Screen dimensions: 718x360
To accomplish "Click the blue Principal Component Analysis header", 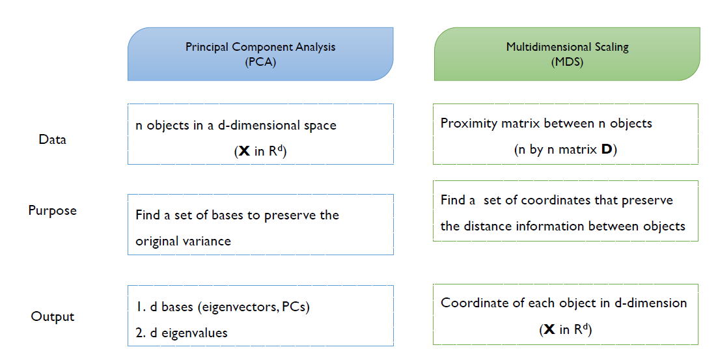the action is (x=260, y=54).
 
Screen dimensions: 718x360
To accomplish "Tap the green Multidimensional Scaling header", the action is (x=566, y=54).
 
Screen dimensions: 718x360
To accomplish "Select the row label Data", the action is (x=52, y=139).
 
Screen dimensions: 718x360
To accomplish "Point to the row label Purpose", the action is (x=52, y=211).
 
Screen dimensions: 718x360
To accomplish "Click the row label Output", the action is (x=53, y=317).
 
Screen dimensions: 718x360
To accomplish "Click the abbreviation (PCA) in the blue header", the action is (x=260, y=62).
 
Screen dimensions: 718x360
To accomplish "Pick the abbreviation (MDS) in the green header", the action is (x=566, y=62).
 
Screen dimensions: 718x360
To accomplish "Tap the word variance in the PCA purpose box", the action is (x=208, y=241).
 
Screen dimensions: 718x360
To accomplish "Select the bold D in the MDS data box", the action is (x=607, y=150).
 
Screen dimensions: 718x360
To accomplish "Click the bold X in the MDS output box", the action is (x=550, y=330).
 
